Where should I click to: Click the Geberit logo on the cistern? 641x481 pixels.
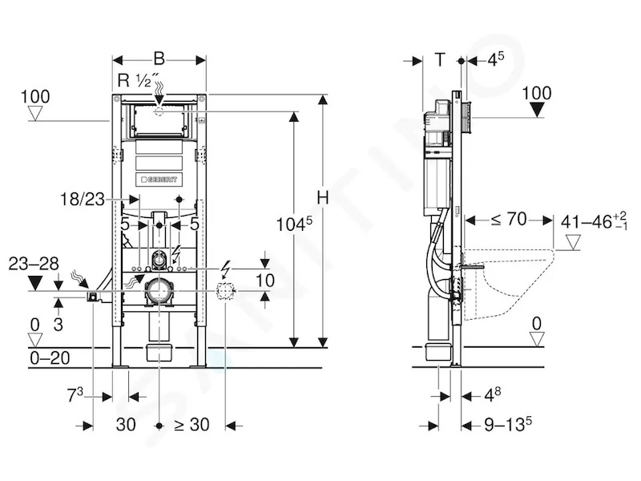(159, 180)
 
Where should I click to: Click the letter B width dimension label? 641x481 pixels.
(159, 59)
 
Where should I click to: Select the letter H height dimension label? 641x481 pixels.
(323, 198)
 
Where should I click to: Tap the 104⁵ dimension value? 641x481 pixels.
(294, 224)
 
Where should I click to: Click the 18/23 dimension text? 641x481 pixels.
(83, 200)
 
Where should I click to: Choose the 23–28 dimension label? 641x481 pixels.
(34, 264)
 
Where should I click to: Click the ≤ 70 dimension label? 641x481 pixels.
(508, 220)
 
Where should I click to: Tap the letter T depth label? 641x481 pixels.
(439, 59)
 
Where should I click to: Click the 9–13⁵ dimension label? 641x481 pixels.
(508, 424)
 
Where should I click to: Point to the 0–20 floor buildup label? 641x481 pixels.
(50, 358)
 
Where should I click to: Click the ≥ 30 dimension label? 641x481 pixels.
(191, 425)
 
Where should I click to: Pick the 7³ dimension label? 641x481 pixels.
(75, 394)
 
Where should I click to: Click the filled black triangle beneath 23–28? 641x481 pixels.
(34, 283)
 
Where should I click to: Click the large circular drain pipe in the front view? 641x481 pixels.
(159, 290)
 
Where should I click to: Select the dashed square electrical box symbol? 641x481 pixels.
(224, 291)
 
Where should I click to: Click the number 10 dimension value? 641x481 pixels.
(265, 281)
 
